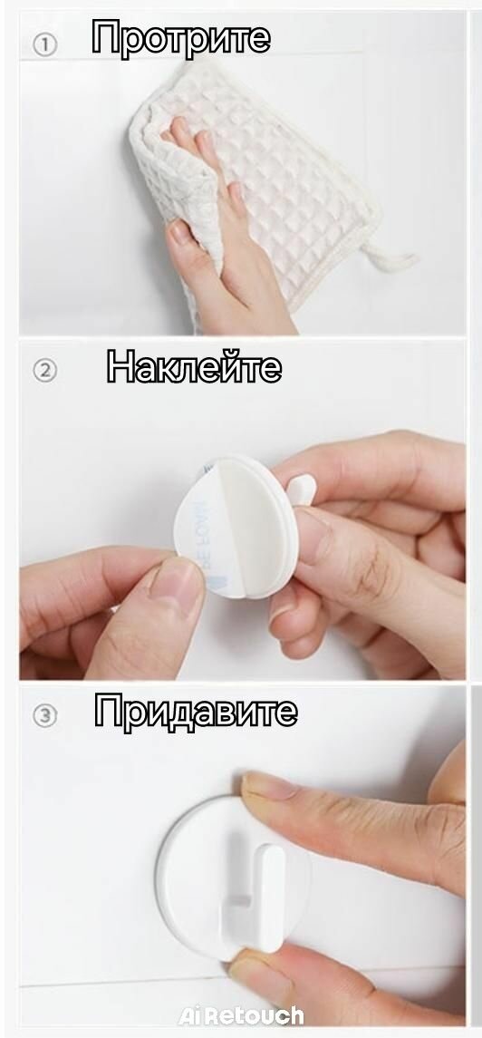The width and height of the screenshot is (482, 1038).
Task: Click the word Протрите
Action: (x=180, y=38)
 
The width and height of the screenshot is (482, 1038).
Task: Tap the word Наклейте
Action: (x=194, y=366)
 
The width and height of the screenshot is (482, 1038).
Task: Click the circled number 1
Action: (x=45, y=44)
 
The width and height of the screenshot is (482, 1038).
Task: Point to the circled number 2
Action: (x=45, y=370)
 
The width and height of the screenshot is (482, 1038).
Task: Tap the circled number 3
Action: (x=45, y=715)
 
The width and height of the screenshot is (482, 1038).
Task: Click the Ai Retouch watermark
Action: (x=241, y=1015)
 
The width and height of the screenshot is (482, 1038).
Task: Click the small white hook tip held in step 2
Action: (x=302, y=490)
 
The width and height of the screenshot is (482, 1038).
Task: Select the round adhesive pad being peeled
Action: (x=235, y=527)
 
